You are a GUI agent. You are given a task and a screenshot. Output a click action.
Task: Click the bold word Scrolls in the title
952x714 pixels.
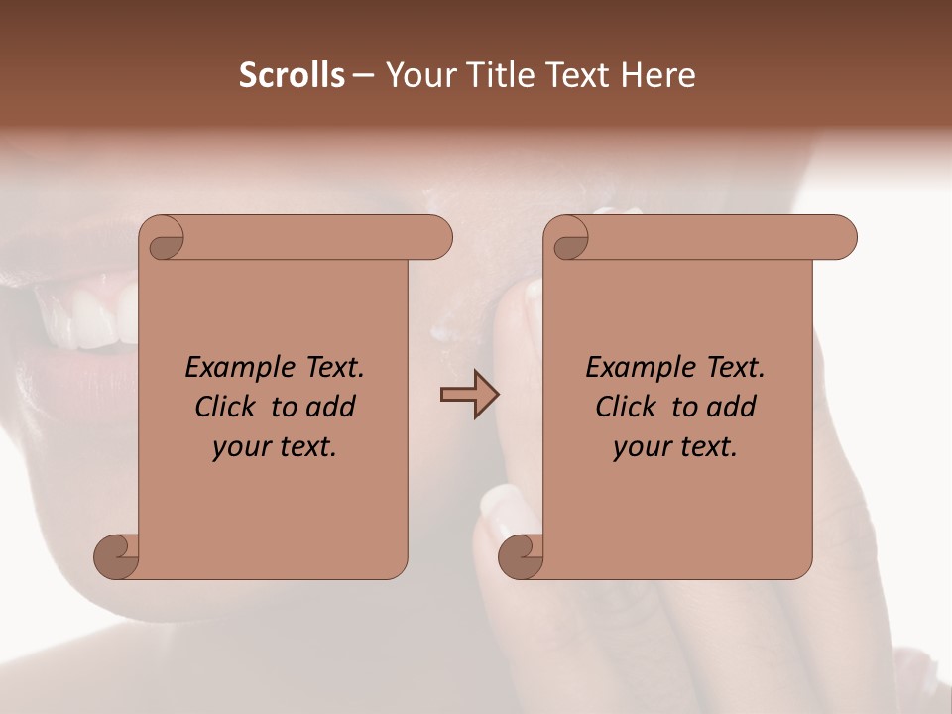click(292, 75)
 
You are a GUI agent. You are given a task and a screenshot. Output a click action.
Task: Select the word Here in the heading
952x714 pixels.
click(657, 75)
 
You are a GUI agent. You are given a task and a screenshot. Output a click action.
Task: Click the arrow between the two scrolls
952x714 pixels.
click(469, 395)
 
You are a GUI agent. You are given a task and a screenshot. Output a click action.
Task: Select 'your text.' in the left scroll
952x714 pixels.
click(275, 446)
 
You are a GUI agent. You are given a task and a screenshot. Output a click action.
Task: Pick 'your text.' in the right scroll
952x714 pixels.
click(675, 446)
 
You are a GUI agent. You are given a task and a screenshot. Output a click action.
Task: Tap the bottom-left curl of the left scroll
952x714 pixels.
click(116, 555)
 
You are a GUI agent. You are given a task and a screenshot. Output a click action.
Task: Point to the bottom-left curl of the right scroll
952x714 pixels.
click(521, 555)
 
